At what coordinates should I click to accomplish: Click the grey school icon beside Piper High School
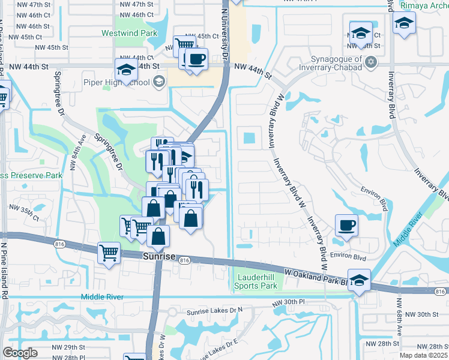[159, 82]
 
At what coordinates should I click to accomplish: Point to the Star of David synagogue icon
[371, 61]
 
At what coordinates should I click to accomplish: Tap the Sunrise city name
[158, 256]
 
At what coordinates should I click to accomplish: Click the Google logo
[20, 352]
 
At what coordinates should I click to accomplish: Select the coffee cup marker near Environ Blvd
[346, 226]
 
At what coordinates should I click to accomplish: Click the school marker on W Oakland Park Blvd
[359, 280]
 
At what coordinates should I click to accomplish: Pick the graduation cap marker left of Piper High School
[127, 70]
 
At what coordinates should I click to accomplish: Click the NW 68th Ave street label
[397, 321]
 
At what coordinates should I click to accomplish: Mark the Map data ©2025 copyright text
[421, 355]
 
